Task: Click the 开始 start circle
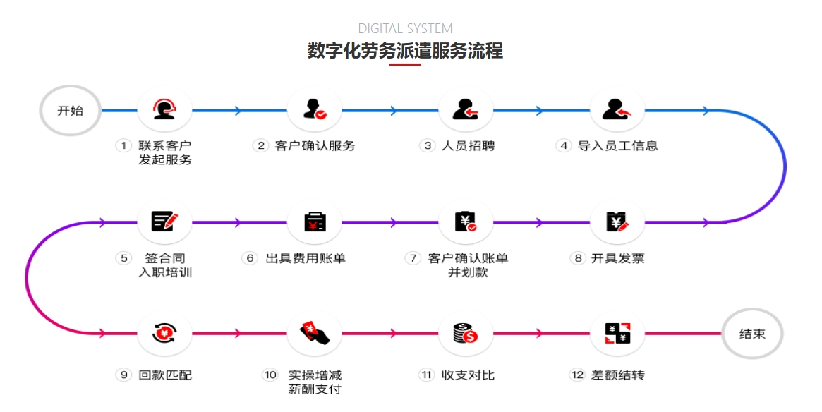[70, 111]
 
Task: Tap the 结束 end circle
[752, 334]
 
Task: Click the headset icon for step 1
[164, 110]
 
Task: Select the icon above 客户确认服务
[314, 110]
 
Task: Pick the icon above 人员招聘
[465, 110]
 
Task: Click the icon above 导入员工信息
[617, 110]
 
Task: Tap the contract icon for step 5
[164, 222]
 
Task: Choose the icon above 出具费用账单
[315, 222]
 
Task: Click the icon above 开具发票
[617, 222]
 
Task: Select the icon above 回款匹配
[164, 333]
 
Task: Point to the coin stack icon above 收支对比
[466, 333]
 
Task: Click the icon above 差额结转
[617, 333]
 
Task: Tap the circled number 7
[413, 258]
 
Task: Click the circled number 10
[270, 375]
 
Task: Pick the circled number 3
[427, 146]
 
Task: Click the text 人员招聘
[468, 146]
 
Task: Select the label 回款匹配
[165, 375]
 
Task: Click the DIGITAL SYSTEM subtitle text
[405, 29]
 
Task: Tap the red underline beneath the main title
[405, 65]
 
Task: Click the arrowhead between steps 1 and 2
[238, 111]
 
